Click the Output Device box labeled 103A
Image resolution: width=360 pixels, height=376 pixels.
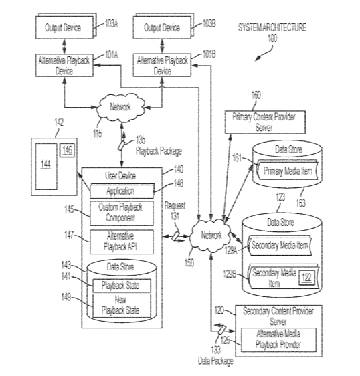point(64,27)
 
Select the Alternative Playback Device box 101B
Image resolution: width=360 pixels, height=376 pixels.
point(162,65)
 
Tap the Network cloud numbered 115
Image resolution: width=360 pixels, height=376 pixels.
point(120,107)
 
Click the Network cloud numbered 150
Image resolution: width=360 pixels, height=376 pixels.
point(211,236)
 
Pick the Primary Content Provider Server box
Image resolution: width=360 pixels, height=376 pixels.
point(265,122)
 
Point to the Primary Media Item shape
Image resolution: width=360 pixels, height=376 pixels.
point(287,171)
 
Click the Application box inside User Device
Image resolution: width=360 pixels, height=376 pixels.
point(122,191)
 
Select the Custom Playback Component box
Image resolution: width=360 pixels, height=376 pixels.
point(122,213)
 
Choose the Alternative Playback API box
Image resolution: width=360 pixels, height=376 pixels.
point(122,242)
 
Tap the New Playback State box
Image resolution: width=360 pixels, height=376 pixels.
point(122,306)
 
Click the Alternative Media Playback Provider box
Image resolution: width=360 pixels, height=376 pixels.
point(278,340)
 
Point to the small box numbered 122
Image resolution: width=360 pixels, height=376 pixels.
point(306,278)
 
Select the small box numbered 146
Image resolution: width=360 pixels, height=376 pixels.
point(67,151)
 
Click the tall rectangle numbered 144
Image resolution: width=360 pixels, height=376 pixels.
point(46,167)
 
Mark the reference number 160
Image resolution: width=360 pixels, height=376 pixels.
point(256,96)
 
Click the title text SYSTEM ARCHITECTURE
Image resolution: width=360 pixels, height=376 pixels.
point(272,27)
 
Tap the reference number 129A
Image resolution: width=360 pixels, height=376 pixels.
point(231,251)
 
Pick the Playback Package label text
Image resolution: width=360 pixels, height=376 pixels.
point(159,151)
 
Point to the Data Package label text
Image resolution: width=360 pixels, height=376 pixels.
point(215,361)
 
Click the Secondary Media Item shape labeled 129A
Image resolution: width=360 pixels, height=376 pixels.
point(280,246)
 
